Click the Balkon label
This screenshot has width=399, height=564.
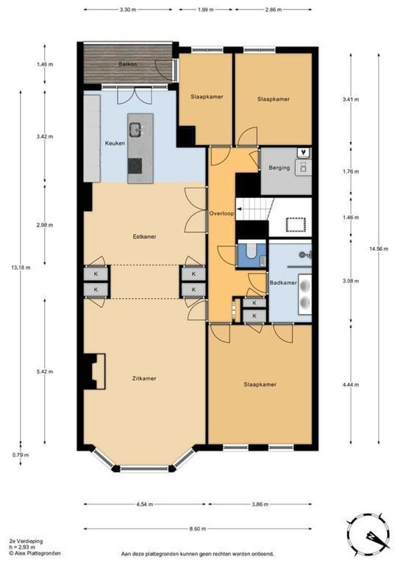128,64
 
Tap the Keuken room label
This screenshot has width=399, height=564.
115,143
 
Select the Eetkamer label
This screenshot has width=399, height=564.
145,237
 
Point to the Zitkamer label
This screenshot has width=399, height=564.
144,379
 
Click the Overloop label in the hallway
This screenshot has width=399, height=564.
221,214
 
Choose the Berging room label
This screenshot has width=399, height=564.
279,168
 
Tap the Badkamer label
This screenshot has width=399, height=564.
283,283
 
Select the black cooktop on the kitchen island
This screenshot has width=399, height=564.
135,166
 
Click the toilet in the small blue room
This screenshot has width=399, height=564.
250,251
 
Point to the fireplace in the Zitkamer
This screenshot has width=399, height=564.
95,371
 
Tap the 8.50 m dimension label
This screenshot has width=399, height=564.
198,528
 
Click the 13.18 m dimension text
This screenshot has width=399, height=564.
21,267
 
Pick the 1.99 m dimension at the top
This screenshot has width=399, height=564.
206,10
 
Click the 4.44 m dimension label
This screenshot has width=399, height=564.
351,384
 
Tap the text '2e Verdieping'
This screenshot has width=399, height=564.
26,541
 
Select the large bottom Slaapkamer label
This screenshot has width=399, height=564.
260,384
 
